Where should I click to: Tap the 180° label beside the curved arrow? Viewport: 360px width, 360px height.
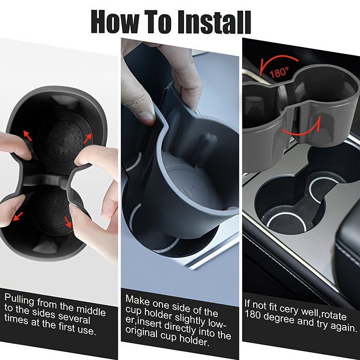click(279, 72)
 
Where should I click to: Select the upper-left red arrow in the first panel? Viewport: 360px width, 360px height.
click(27, 135)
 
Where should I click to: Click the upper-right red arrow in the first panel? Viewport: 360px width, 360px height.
click(87, 137)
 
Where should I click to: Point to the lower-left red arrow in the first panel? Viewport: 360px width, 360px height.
click(18, 217)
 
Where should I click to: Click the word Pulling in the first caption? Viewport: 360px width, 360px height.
click(20, 299)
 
